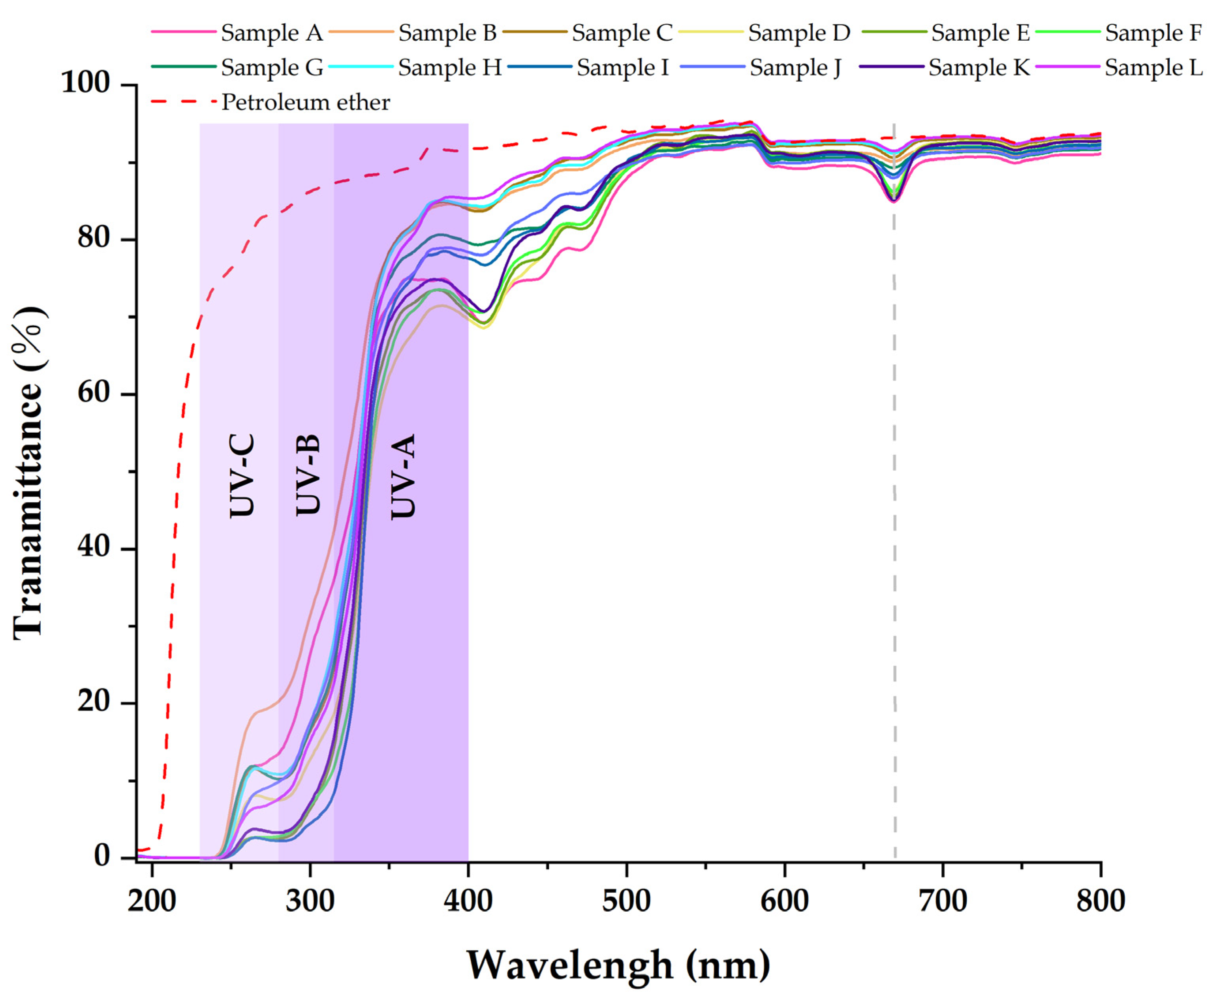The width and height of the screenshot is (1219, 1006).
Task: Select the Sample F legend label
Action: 1153,33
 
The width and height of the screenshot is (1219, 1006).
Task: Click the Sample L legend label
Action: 1153,68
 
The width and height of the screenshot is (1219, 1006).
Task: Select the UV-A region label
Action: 404,476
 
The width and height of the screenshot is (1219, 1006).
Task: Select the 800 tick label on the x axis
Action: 1100,901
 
